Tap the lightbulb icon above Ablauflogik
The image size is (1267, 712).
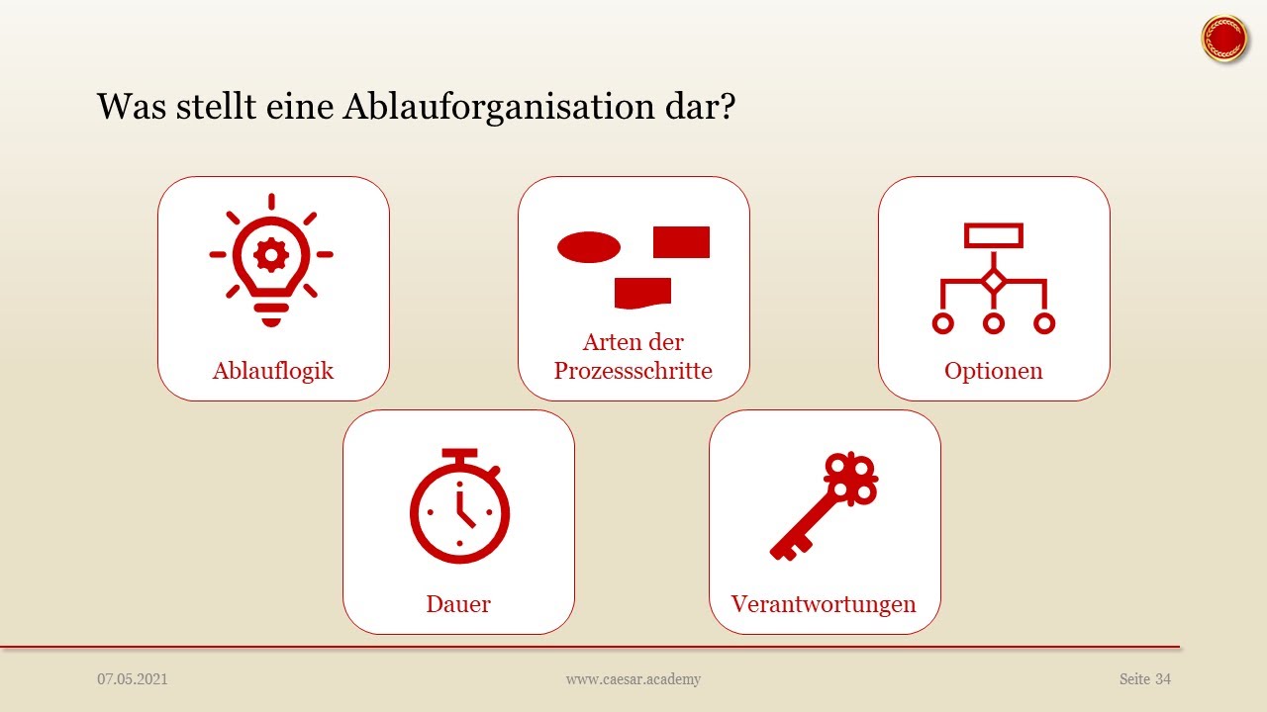[271, 259]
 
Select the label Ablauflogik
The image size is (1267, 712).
[273, 371]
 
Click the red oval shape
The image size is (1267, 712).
[589, 247]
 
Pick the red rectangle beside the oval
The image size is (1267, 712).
[681, 242]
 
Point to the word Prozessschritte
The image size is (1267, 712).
[633, 371]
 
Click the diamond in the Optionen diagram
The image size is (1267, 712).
[994, 281]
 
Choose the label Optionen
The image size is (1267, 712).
[994, 371]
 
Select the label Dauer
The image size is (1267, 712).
[458, 603]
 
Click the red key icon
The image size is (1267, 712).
[825, 506]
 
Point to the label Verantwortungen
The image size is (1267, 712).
[824, 603]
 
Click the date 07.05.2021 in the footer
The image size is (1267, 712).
[133, 679]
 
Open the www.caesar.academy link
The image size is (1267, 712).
[633, 679]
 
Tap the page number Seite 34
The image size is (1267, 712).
[1145, 679]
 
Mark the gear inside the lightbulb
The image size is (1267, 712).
[271, 254]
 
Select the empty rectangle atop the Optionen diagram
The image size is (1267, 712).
[994, 234]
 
